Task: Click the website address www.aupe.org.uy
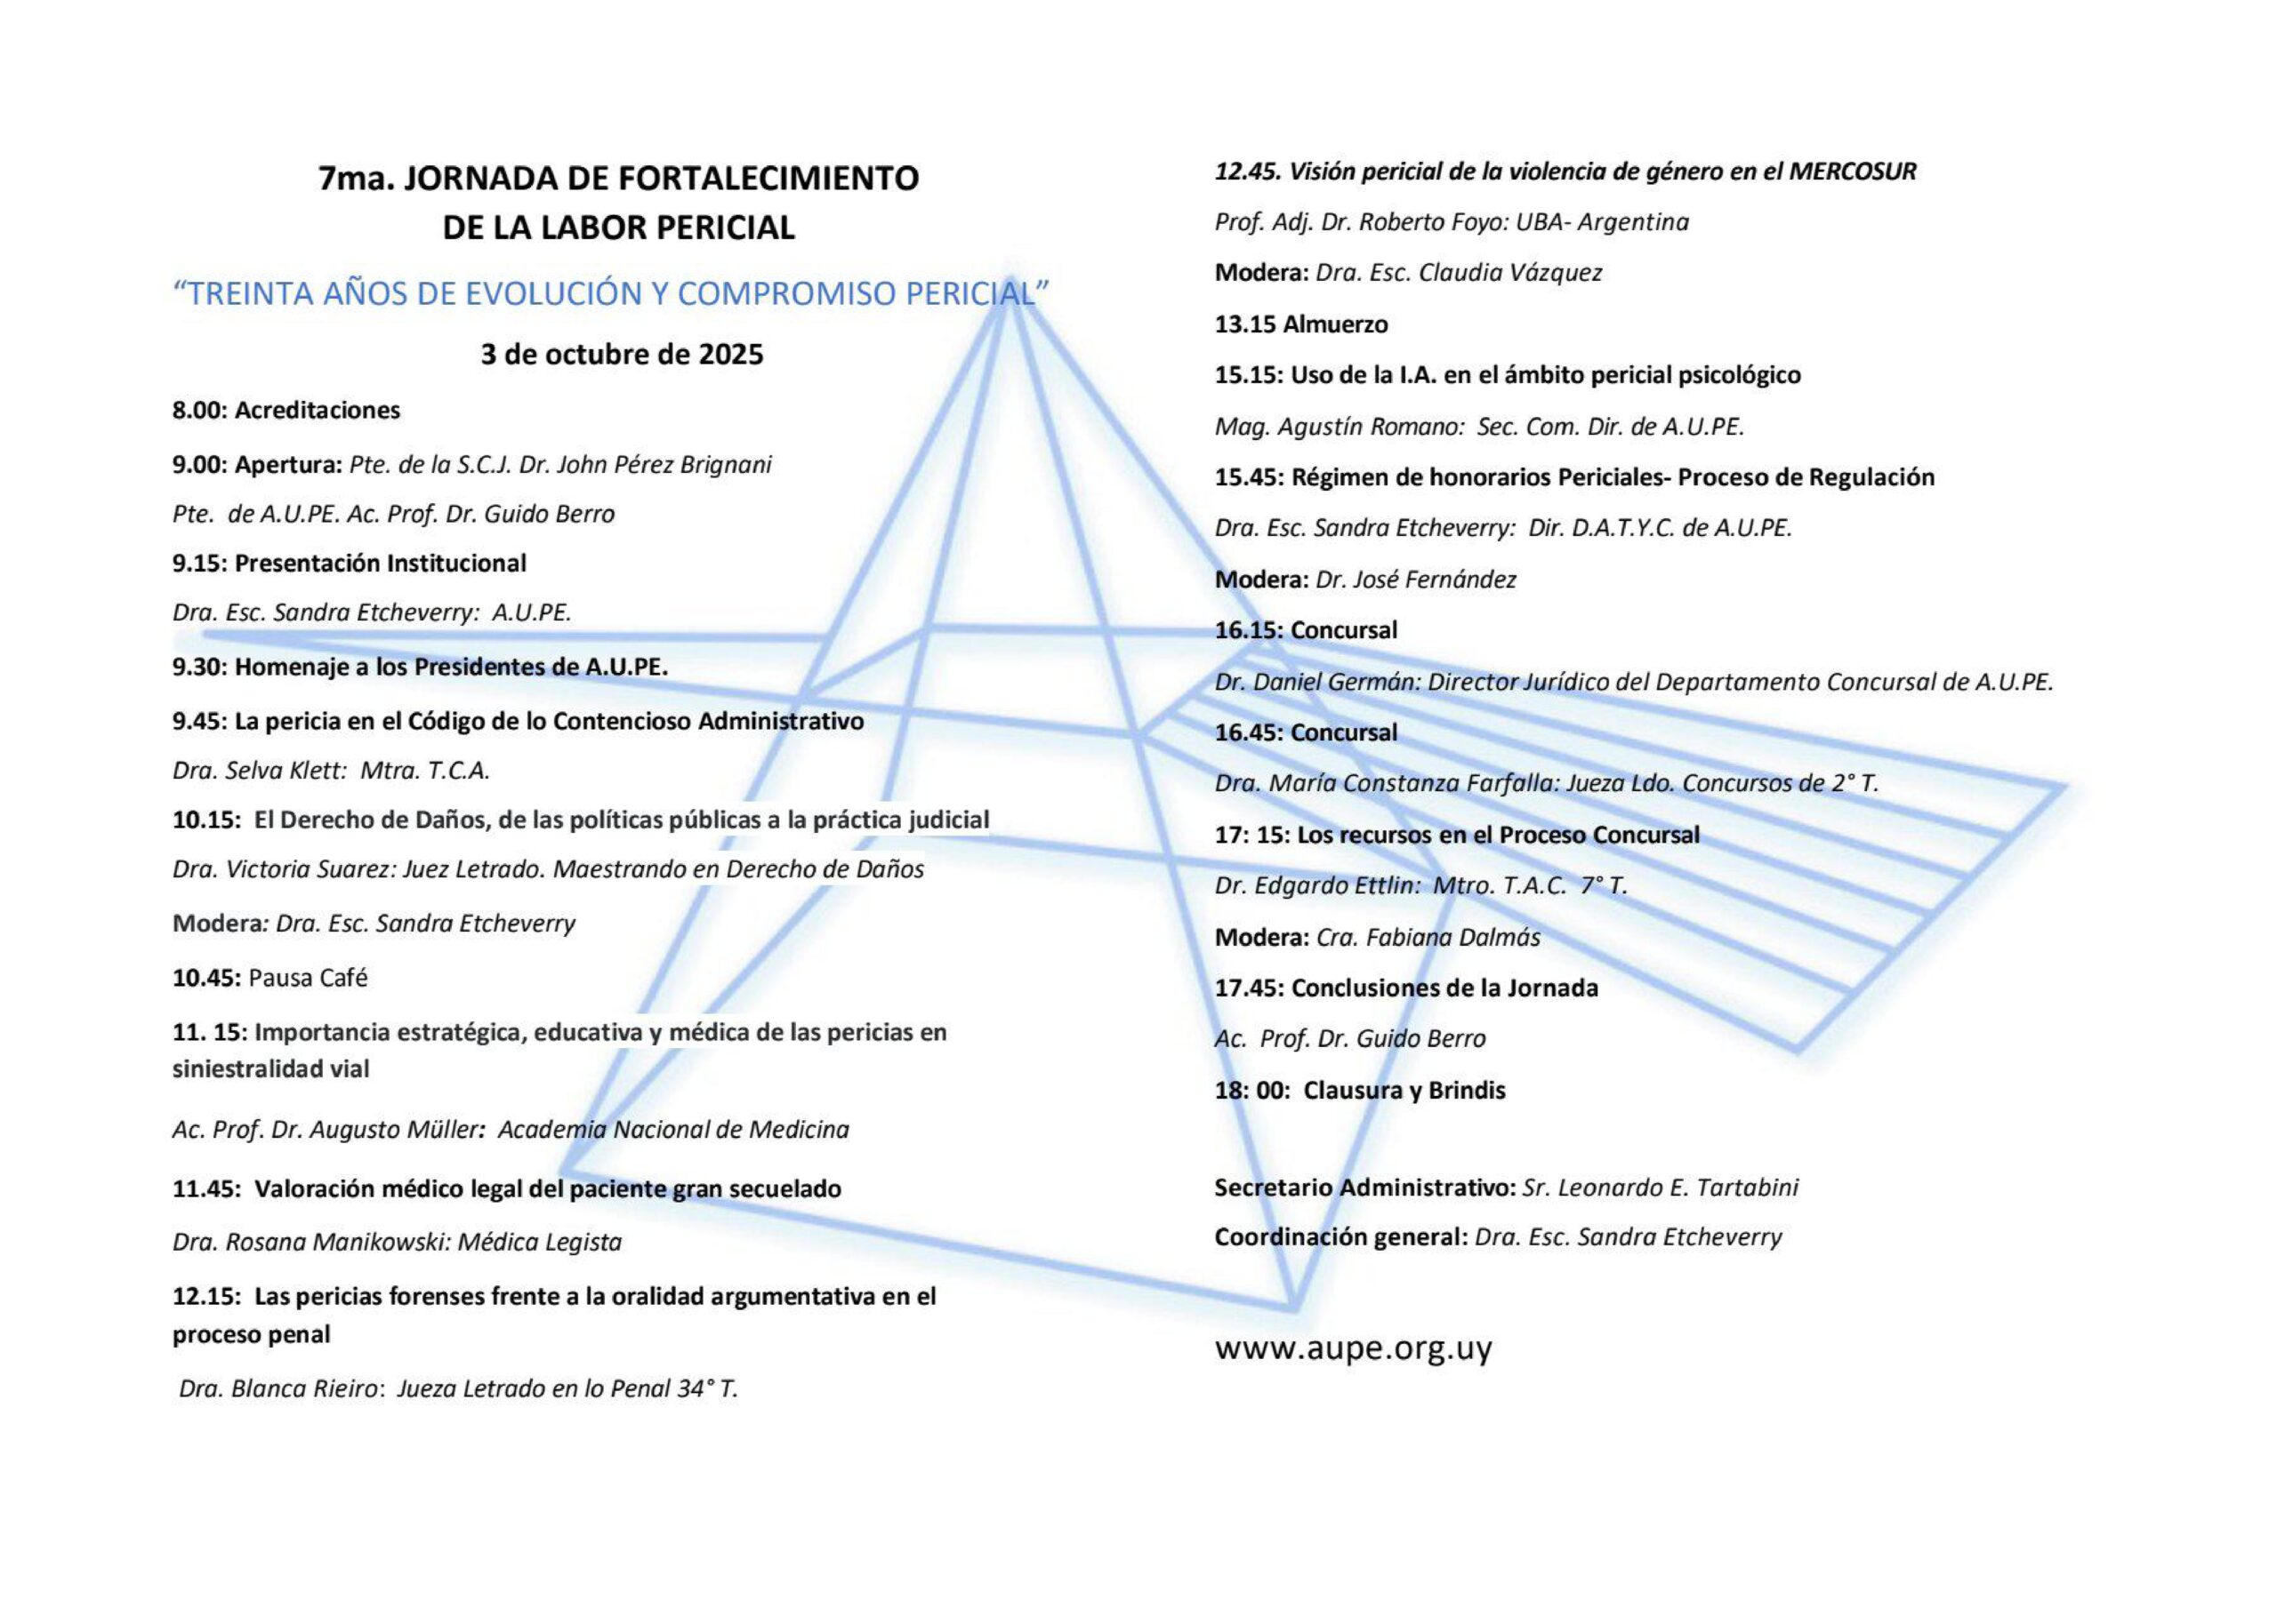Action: [1353, 1348]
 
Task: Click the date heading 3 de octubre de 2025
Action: [622, 354]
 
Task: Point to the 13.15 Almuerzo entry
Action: [1301, 324]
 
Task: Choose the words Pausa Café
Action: [308, 978]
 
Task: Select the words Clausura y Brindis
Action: [1404, 1091]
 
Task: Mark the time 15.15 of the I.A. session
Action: [1249, 375]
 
